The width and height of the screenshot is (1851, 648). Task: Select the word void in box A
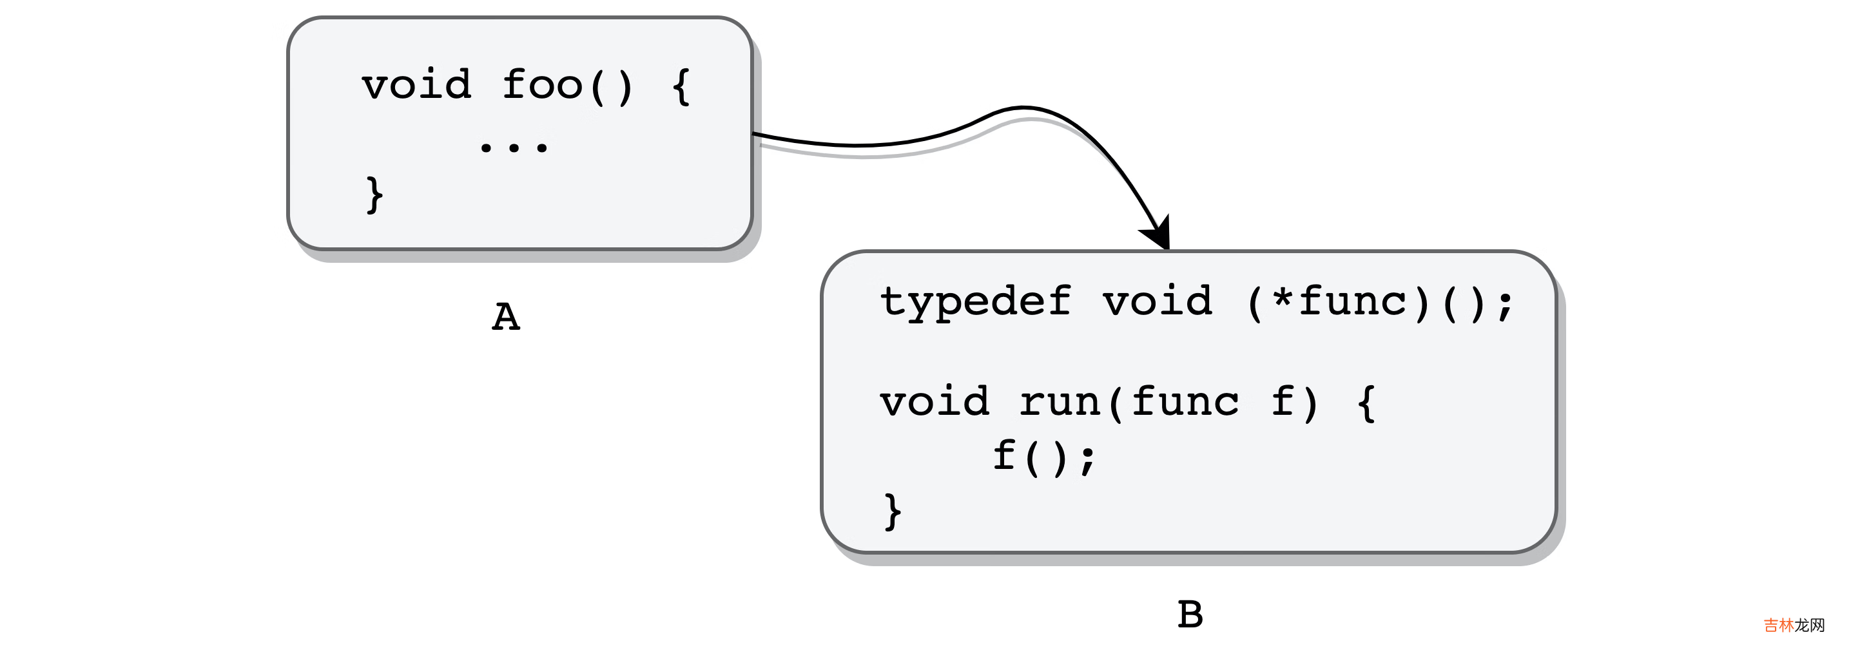[x=417, y=86]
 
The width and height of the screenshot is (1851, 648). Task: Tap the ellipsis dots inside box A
[x=513, y=148]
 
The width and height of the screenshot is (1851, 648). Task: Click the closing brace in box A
[x=374, y=195]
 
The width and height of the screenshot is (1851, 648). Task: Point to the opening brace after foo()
[x=681, y=87]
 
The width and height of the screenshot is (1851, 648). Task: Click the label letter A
[x=506, y=317]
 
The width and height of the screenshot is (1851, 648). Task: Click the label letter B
[x=1190, y=615]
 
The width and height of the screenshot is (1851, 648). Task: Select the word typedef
[x=976, y=301]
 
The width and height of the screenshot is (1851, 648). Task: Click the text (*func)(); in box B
[x=1380, y=301]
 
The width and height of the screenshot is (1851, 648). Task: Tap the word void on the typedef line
[x=1158, y=301]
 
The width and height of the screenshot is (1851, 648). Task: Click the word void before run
[x=935, y=403]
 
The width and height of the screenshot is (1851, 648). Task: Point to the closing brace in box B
[x=893, y=511]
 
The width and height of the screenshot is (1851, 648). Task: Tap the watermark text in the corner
[x=1794, y=625]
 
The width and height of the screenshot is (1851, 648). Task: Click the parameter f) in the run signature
[x=1294, y=403]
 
